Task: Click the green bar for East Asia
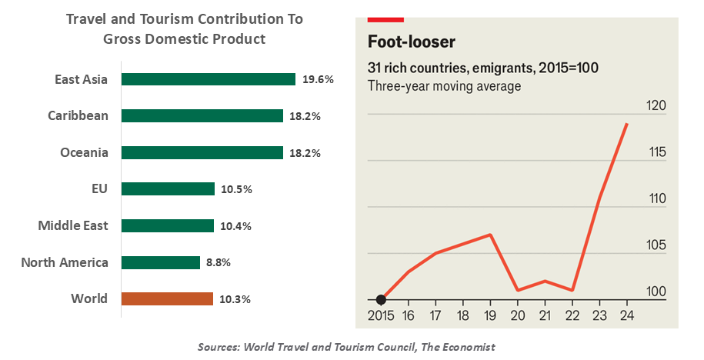209,79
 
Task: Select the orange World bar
167,298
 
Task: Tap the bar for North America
161,262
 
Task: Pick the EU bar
168,189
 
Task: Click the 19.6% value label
318,79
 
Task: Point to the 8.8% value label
219,262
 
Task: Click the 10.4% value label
235,226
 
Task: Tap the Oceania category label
84,152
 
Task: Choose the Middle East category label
73,225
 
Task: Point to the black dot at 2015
380,299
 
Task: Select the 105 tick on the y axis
656,245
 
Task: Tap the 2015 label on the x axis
380,315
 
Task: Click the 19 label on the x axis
490,315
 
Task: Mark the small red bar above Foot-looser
385,17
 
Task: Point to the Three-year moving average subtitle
444,85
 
